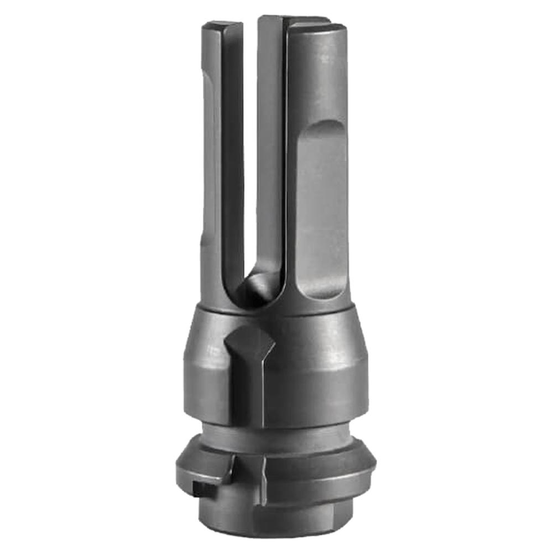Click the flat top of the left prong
tap(222, 26)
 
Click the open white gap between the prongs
tap(251, 138)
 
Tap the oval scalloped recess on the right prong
tap(321, 210)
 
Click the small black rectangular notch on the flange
tap(200, 488)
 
